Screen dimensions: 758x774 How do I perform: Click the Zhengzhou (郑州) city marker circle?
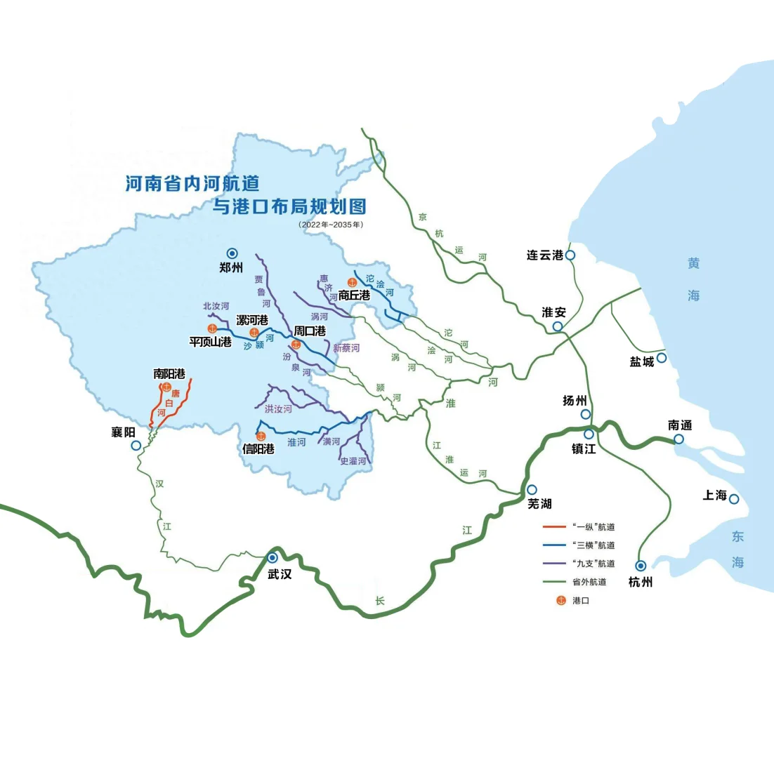[x=232, y=253]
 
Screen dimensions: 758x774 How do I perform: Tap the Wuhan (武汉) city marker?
[x=272, y=557]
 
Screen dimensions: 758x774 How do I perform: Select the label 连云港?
[x=546, y=255]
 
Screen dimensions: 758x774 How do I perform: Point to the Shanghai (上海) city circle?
[x=734, y=499]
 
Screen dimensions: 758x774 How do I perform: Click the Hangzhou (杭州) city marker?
[x=641, y=565]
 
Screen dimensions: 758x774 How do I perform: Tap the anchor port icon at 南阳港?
[x=166, y=386]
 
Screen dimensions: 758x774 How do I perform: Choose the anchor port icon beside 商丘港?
[x=343, y=282]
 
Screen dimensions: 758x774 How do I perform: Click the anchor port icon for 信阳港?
[x=261, y=437]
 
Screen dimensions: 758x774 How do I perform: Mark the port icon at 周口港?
[x=296, y=344]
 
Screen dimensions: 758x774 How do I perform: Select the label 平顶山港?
[x=210, y=342]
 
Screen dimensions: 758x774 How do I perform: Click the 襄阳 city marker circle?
[x=136, y=445]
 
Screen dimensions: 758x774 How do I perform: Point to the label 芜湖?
[x=539, y=503]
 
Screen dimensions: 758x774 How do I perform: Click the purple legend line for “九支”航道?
[x=556, y=564]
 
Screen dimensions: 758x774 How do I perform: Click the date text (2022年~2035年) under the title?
[x=330, y=225]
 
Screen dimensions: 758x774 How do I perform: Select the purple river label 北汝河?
[x=216, y=306]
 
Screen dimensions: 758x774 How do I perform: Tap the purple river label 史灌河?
[x=353, y=461]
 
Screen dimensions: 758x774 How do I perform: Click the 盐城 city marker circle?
[x=661, y=358]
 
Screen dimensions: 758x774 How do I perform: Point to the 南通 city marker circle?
[x=679, y=439]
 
